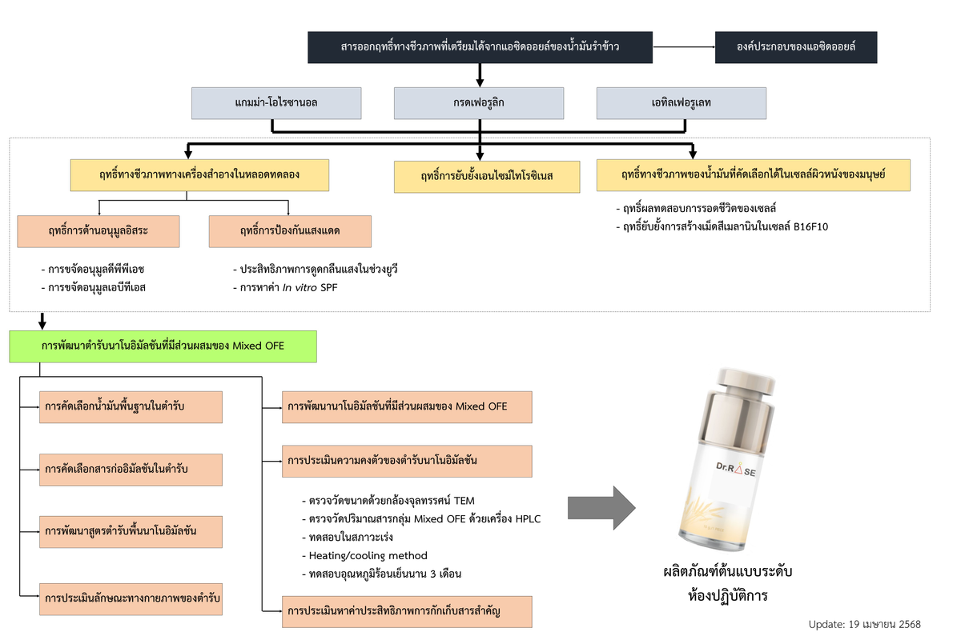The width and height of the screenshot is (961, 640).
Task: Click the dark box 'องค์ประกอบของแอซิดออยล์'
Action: [x=796, y=47]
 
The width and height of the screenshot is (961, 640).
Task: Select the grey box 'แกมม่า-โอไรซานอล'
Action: [x=277, y=103]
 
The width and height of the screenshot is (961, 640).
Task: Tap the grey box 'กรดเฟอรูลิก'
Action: [x=478, y=103]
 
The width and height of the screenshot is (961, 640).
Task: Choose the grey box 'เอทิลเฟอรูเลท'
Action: [x=682, y=103]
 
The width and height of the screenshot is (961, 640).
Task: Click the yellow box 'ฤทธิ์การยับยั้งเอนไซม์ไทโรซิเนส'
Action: [x=486, y=176]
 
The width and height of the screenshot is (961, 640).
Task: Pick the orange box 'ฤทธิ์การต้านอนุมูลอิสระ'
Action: [x=99, y=231]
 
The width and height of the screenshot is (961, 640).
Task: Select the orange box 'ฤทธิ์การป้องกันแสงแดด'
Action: [x=290, y=231]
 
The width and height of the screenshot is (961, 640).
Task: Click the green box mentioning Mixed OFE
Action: [x=163, y=346]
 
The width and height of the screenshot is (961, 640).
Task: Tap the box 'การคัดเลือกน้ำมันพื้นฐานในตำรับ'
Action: [x=131, y=407]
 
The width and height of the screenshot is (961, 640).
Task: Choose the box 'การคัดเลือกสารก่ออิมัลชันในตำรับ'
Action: [x=131, y=469]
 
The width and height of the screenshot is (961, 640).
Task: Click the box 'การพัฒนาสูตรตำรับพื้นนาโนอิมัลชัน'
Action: [x=131, y=531]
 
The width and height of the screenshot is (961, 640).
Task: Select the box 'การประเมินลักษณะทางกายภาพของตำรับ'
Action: [x=131, y=598]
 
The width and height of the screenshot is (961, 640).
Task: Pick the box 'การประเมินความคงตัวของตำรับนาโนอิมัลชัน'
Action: [x=408, y=461]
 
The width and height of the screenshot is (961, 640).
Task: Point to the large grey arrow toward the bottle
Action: [x=601, y=508]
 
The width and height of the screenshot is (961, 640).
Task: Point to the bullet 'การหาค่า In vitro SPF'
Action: [x=284, y=287]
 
